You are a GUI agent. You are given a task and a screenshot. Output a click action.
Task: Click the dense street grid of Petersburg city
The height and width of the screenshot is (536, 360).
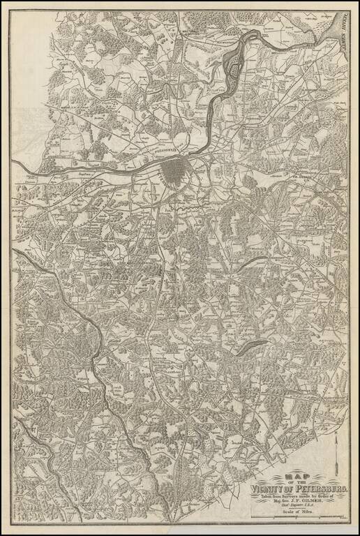tap(174, 171)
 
